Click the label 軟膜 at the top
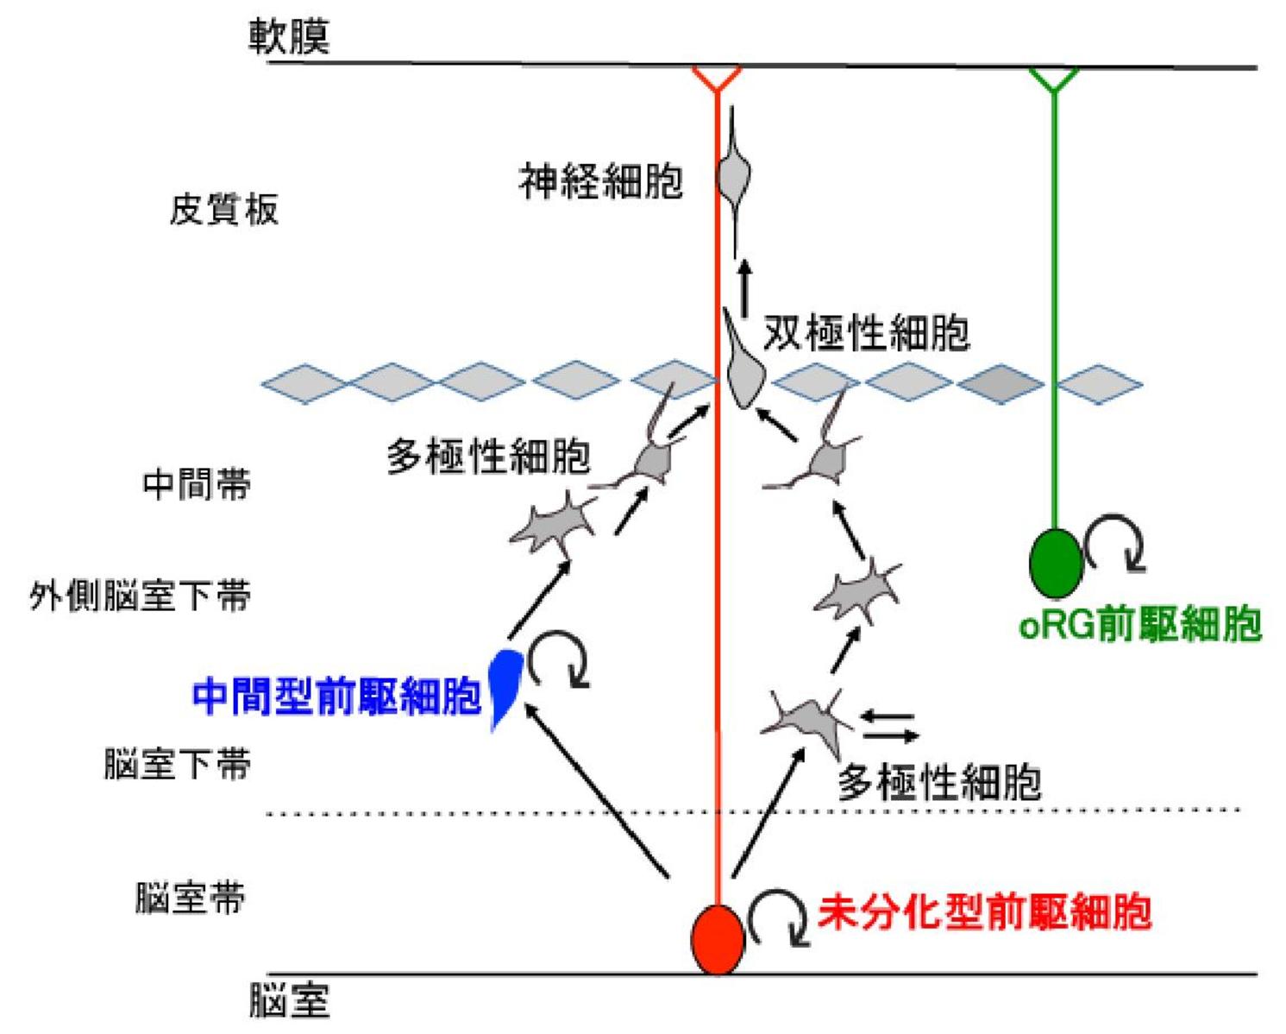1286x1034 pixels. pos(290,36)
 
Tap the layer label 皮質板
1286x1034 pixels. pos(224,209)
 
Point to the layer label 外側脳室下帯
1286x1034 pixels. pos(140,596)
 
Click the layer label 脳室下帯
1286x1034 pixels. pos(178,764)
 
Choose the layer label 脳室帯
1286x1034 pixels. pos(191,898)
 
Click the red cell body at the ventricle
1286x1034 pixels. pos(718,939)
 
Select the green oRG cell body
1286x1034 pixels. pos(1056,564)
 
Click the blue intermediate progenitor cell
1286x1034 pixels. pos(504,682)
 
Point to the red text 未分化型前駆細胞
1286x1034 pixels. pos(984,911)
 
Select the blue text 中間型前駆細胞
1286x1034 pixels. pos(336,696)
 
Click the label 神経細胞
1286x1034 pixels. pos(601,181)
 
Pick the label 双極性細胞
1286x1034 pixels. pos(866,333)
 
